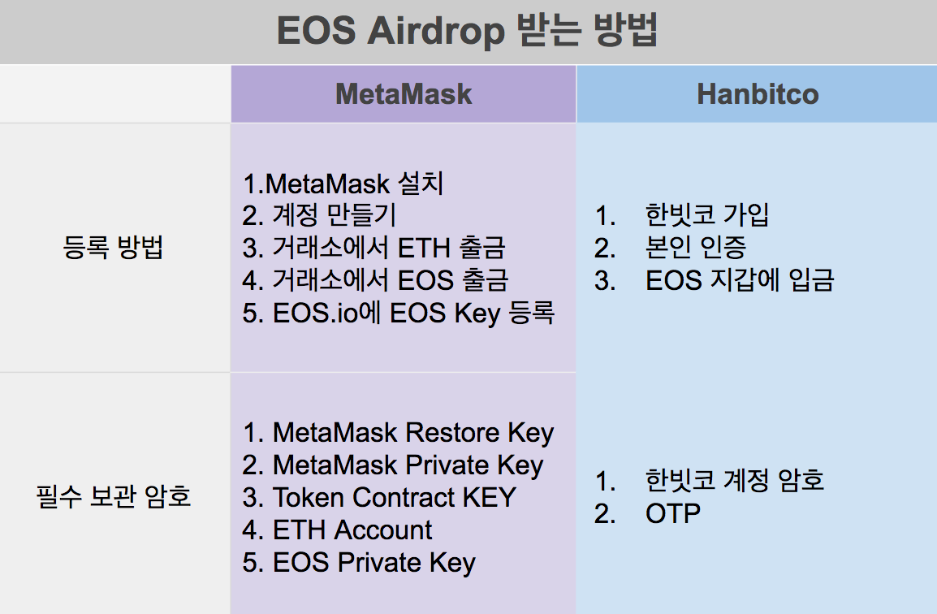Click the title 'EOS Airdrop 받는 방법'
point(468,31)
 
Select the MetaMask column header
point(404,94)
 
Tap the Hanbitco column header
point(758,94)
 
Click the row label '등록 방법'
point(113,247)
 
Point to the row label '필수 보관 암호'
point(113,496)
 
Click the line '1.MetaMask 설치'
point(343,183)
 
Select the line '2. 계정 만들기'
point(319,215)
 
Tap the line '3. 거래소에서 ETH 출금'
point(374,248)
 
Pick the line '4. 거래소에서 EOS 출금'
point(375,280)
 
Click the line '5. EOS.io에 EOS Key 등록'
point(399,313)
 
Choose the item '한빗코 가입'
point(707,215)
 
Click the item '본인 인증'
point(696,248)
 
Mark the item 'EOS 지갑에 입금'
point(740,280)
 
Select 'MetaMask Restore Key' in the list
point(413,433)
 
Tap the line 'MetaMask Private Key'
point(408,465)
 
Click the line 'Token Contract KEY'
point(395,497)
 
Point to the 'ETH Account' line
point(352,530)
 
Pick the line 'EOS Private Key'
point(374,563)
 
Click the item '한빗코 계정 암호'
point(735,481)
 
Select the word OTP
point(673,513)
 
